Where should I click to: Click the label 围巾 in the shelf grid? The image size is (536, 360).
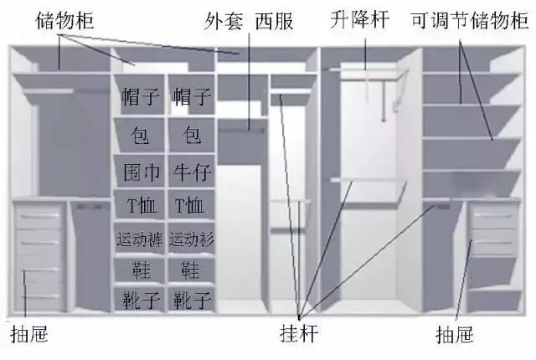[x=142, y=172]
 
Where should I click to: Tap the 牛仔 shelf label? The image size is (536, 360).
[x=192, y=172]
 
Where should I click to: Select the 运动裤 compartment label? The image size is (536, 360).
[x=140, y=239]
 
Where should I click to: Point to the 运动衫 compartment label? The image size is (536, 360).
[x=192, y=239]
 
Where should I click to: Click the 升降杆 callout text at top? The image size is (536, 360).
[x=359, y=19]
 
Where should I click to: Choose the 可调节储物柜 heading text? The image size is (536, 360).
[x=470, y=20]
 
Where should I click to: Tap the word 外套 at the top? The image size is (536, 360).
[x=224, y=20]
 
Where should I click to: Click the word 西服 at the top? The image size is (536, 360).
[x=274, y=20]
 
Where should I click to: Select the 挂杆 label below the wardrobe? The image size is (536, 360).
[x=300, y=333]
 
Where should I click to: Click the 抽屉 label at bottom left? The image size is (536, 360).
[x=29, y=334]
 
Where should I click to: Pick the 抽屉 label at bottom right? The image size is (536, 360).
[x=455, y=334]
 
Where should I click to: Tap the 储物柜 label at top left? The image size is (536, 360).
[x=64, y=20]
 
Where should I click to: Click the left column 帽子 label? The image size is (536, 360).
[x=141, y=96]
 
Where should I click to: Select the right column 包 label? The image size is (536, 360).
[x=192, y=134]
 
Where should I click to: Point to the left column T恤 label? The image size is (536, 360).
[x=142, y=206]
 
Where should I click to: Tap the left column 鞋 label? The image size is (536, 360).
[x=142, y=270]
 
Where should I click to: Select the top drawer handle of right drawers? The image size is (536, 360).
[x=493, y=215]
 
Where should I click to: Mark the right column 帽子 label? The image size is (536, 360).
[x=192, y=96]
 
